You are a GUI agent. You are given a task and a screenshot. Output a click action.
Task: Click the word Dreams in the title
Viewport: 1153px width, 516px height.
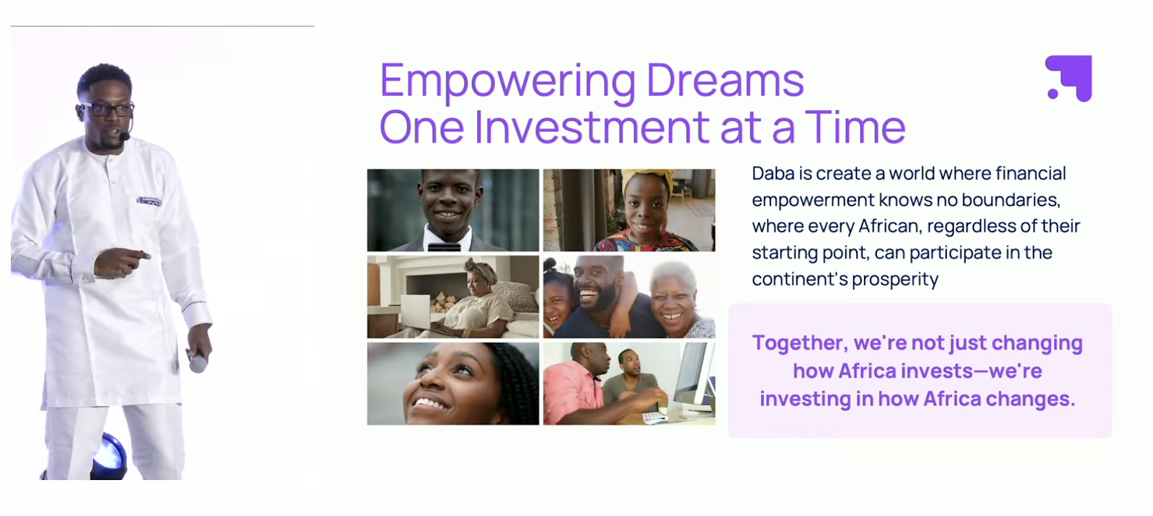coord(725,80)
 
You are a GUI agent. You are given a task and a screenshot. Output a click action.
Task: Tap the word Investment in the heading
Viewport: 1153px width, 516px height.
coord(592,127)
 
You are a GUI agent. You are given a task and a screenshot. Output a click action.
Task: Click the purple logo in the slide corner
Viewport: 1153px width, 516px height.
coord(1069,79)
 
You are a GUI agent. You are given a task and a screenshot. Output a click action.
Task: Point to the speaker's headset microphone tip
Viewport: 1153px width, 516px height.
coord(125,136)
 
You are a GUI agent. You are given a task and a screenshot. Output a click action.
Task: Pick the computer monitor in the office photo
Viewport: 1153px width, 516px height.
coord(695,378)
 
